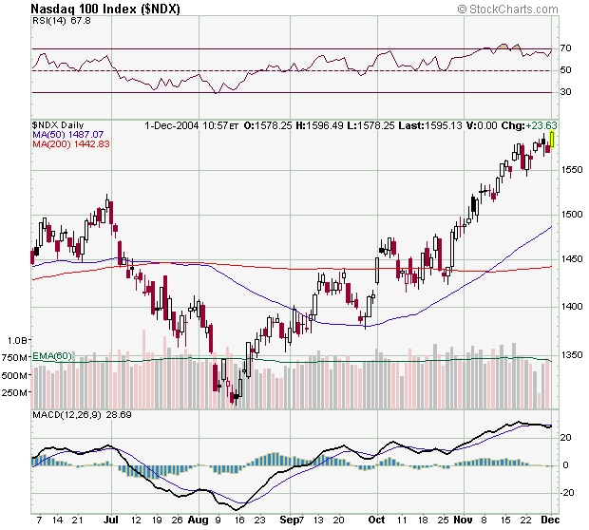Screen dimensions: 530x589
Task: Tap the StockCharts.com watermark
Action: [518, 9]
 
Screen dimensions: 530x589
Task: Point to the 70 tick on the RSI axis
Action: [564, 47]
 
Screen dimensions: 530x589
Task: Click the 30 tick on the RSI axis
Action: [564, 92]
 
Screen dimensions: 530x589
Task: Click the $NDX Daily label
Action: [58, 125]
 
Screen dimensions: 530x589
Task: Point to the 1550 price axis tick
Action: [570, 169]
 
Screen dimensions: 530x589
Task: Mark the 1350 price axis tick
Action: [570, 354]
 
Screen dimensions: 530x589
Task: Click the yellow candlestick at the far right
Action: [552, 139]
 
